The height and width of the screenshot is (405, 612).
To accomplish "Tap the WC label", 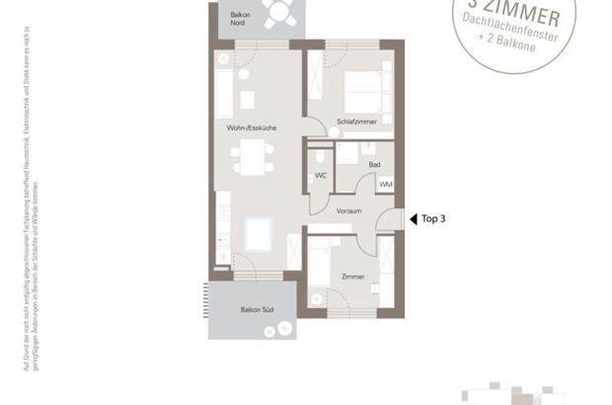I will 321,175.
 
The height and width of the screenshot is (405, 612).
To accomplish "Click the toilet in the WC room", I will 320,157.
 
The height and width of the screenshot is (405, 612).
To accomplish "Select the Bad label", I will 374,165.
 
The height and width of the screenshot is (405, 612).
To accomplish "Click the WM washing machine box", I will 384,184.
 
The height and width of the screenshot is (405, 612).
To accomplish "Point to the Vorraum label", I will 346,209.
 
